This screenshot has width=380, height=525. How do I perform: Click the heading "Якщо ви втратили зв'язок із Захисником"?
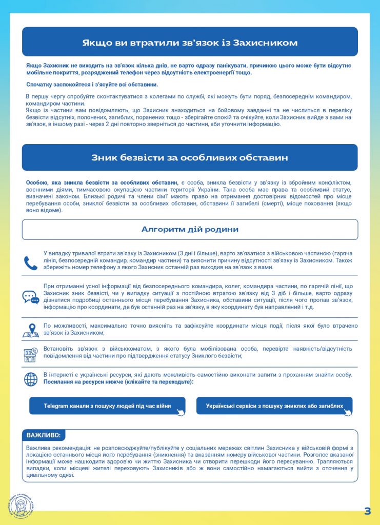190,42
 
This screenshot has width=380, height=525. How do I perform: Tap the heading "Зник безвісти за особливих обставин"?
190,158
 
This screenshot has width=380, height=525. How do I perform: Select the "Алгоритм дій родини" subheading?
190,229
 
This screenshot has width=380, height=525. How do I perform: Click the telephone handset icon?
31,263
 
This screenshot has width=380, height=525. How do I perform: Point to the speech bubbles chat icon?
31,297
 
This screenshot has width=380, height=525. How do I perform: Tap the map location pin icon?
31,330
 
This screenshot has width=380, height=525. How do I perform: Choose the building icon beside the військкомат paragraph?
31,354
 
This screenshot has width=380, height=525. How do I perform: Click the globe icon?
31,379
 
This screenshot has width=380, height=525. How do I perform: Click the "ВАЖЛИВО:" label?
44,435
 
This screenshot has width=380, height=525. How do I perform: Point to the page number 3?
367,511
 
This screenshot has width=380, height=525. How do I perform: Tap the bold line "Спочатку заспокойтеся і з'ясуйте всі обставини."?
92,85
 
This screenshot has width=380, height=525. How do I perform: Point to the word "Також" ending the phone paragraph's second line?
343,260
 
